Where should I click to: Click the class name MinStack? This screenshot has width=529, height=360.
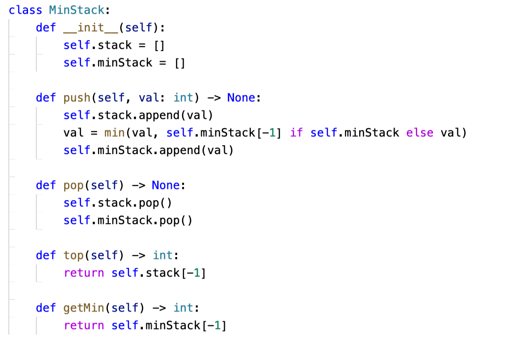77,10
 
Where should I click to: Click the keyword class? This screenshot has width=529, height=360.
26,10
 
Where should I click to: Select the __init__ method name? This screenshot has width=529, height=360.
91,27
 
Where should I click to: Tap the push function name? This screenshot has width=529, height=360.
77,98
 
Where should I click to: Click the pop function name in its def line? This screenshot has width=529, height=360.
74,185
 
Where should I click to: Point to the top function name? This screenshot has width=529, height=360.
74,255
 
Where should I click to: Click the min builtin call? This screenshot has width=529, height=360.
115,133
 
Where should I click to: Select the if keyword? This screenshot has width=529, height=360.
296,133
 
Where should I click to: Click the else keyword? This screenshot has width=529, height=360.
420,133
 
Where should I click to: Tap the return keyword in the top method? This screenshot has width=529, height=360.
84,273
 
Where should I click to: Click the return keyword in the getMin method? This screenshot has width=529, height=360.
84,325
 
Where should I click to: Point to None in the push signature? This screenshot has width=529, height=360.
240,98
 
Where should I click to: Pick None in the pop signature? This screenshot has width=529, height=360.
165,185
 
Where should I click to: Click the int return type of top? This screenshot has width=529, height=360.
162,255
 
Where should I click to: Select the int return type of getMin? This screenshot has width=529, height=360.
183,308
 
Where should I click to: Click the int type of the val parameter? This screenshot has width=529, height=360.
183,98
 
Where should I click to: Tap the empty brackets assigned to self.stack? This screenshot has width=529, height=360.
159,45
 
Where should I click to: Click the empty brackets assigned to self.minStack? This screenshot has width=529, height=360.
180,63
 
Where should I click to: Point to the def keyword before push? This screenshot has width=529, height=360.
46,98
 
